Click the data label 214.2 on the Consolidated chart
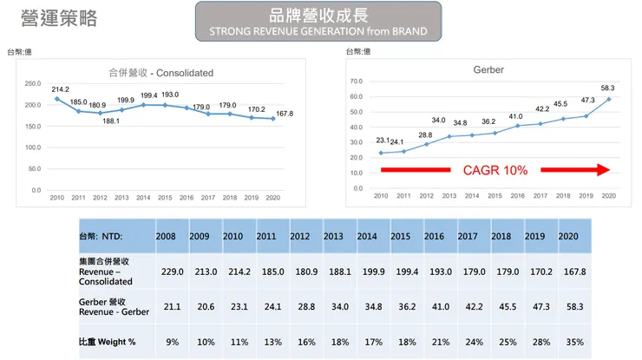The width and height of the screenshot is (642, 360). (x=60, y=89)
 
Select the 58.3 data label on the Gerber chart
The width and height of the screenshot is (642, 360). (x=606, y=88)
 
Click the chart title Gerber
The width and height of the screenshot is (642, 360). (x=488, y=69)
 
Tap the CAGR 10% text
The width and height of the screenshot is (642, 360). (x=495, y=170)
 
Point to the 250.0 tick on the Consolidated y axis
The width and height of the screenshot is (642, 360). (x=32, y=83)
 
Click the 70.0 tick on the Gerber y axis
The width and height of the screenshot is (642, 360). (x=356, y=82)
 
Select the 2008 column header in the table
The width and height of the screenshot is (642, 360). (x=166, y=236)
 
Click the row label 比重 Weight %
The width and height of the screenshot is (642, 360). (x=107, y=342)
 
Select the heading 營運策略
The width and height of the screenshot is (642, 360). (x=58, y=18)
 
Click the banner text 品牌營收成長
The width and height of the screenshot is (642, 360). (x=318, y=15)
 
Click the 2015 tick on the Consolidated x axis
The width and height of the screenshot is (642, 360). (x=165, y=199)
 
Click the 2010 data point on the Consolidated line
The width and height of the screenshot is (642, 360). (x=57, y=99)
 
